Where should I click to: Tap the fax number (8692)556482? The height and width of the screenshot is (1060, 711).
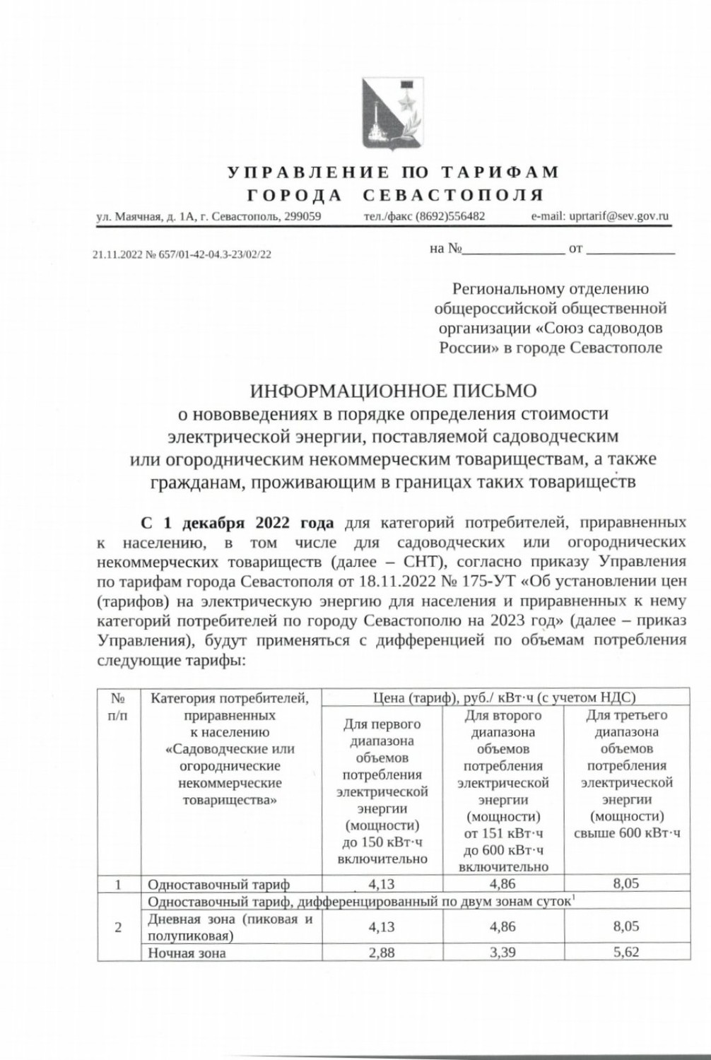pyautogui.click(x=449, y=216)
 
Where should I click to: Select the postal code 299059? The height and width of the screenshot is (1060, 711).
pyautogui.click(x=303, y=216)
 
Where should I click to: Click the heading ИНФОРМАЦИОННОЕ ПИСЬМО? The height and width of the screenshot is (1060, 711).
pyautogui.click(x=394, y=390)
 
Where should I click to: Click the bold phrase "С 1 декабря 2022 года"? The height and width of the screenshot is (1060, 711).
pyautogui.click(x=237, y=524)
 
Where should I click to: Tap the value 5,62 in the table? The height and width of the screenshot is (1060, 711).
pyautogui.click(x=626, y=952)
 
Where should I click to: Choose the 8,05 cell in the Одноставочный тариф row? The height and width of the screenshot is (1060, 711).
pyautogui.click(x=626, y=883)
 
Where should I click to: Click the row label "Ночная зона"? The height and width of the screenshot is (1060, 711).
pyautogui.click(x=187, y=953)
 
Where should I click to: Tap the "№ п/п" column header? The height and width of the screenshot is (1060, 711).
pyautogui.click(x=118, y=707)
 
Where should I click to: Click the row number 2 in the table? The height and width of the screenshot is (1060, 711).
pyautogui.click(x=118, y=927)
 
